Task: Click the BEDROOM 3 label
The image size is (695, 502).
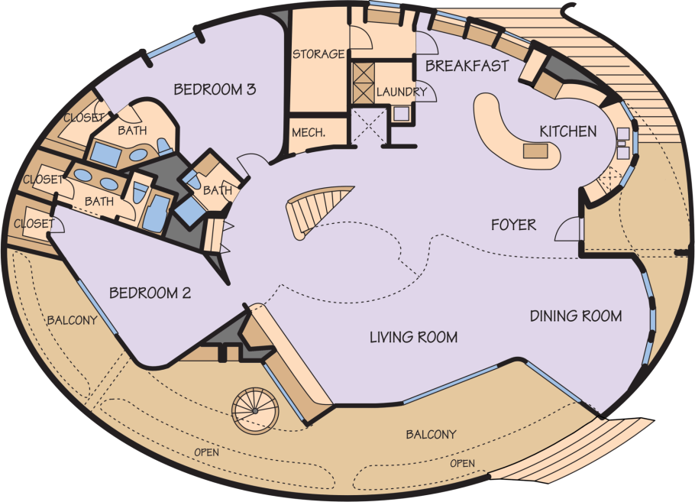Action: [215, 89]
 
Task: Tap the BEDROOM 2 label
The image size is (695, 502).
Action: [150, 293]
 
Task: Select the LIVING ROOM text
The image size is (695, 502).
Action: [413, 337]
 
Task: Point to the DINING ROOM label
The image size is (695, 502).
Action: [576, 316]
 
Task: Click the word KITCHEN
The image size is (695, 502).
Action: [567, 131]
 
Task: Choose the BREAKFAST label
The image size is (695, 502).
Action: [467, 66]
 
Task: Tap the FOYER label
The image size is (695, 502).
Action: [513, 225]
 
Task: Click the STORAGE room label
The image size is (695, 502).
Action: [318, 53]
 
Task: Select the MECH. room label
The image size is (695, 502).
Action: [309, 132]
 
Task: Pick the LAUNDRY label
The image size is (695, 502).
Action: [401, 92]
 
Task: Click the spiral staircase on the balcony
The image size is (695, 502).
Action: [255, 411]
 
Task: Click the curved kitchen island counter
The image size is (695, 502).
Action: [514, 133]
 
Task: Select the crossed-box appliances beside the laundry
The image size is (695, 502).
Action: [363, 83]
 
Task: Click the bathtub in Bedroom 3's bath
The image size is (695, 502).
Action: [106, 153]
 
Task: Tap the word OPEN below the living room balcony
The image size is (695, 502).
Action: [462, 464]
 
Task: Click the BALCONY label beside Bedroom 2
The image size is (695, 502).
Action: [72, 319]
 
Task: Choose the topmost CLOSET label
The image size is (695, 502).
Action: [83, 118]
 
